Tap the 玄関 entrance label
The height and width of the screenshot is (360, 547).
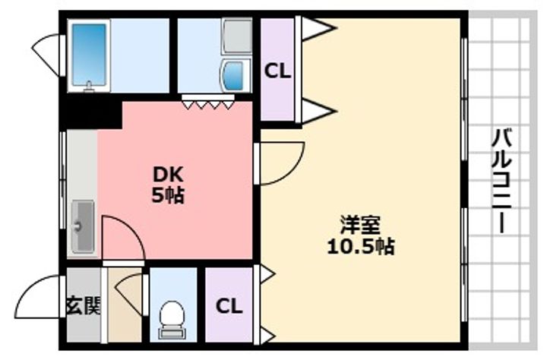[82, 308]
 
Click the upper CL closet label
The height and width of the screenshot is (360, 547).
[277, 71]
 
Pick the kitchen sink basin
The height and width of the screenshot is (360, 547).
[82, 226]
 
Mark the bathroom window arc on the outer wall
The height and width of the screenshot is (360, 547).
[49, 49]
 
